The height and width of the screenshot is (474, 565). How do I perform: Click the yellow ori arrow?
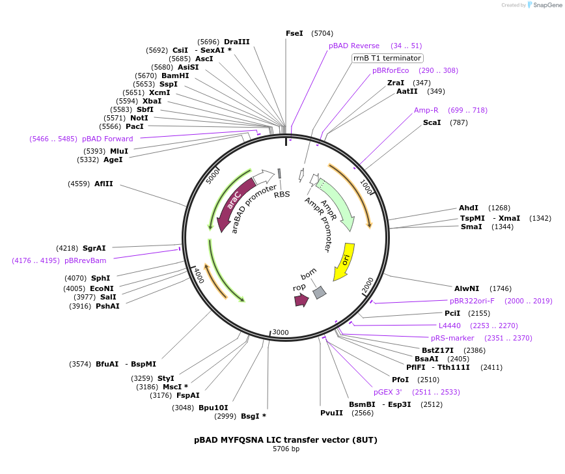[345, 261]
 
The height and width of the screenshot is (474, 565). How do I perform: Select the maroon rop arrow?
[301, 300]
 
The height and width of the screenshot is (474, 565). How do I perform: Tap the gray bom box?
[319, 293]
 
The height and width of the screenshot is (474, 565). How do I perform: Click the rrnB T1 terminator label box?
[387, 58]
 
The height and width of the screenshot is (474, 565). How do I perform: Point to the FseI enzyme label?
[294, 33]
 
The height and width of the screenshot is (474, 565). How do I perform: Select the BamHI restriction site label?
[175, 76]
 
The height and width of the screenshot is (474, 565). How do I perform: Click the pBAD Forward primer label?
[107, 139]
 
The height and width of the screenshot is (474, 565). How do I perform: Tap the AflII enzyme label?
[103, 184]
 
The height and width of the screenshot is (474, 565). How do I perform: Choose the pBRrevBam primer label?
[85, 260]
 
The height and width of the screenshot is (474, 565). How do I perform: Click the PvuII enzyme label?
[331, 413]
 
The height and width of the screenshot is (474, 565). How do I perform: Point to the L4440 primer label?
[449, 326]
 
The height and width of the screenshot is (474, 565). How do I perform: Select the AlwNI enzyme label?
[467, 288]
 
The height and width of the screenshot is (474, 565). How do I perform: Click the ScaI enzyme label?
[432, 122]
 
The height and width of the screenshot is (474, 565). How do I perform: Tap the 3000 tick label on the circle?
[281, 332]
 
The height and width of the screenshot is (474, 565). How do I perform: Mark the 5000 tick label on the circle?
[212, 176]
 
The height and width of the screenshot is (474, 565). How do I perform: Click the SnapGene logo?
[544, 5]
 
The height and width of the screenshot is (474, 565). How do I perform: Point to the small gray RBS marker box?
[279, 173]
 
